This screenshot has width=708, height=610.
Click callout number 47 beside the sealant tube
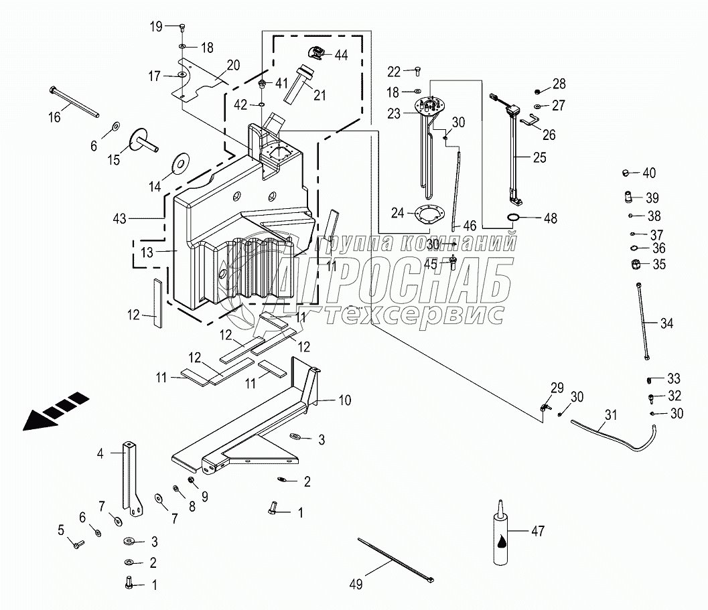click(538, 532)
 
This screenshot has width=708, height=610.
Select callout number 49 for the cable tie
click(356, 585)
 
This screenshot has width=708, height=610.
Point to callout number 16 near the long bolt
click(54, 117)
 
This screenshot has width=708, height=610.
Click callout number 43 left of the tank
click(121, 218)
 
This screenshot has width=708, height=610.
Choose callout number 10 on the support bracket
click(344, 401)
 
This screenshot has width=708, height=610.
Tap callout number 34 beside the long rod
click(666, 324)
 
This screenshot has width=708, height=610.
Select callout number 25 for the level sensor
click(539, 158)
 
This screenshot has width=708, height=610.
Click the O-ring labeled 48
click(514, 218)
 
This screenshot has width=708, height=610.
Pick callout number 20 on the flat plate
click(233, 65)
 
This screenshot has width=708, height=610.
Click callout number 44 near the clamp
click(341, 56)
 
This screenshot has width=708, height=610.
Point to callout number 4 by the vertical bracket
click(100, 453)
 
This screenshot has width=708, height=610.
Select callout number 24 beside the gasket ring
click(398, 214)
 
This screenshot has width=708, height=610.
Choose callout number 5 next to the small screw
click(61, 530)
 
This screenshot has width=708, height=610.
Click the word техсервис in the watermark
click(411, 314)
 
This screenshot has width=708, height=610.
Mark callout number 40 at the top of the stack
click(649, 173)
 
